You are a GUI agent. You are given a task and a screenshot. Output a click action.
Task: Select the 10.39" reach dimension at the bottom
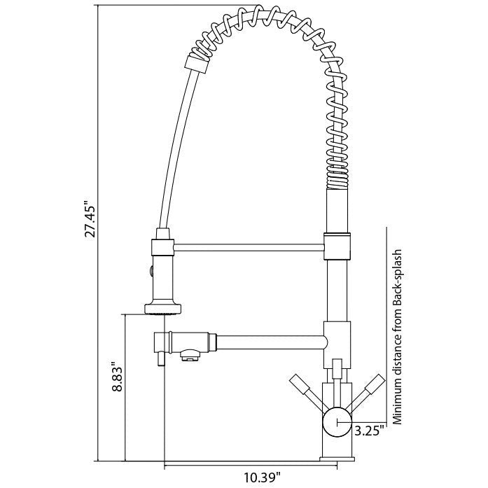(x=262, y=477)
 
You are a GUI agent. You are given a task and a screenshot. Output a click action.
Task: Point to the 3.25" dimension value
(x=368, y=431)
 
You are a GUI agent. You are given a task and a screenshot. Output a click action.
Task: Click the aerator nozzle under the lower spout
(x=189, y=356)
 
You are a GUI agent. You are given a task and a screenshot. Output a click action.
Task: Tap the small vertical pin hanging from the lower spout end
(x=160, y=358)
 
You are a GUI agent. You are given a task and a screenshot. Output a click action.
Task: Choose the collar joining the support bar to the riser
(x=337, y=244)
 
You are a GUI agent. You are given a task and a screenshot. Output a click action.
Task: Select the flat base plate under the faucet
(x=337, y=459)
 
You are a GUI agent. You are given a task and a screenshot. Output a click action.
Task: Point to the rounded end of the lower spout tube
(x=323, y=341)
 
